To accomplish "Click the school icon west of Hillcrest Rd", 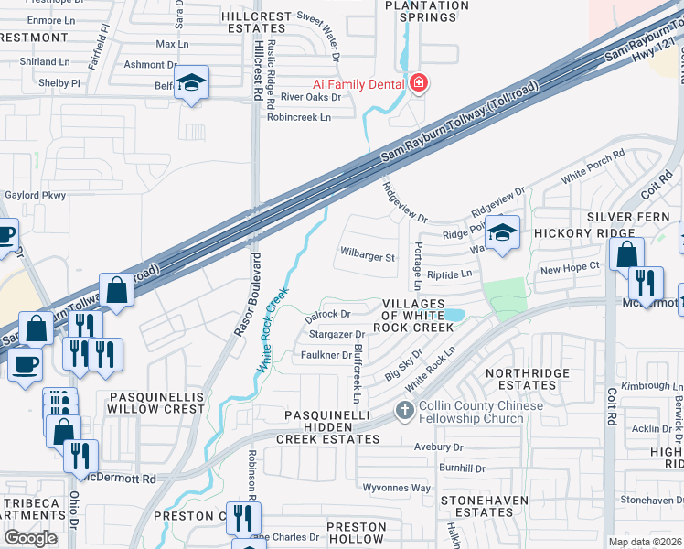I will click(193, 83).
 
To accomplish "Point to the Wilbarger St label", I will click(367, 258).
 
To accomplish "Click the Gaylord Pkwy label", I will click(36, 195).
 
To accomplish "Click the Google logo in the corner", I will click(30, 538).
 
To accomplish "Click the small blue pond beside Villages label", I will click(454, 315).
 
